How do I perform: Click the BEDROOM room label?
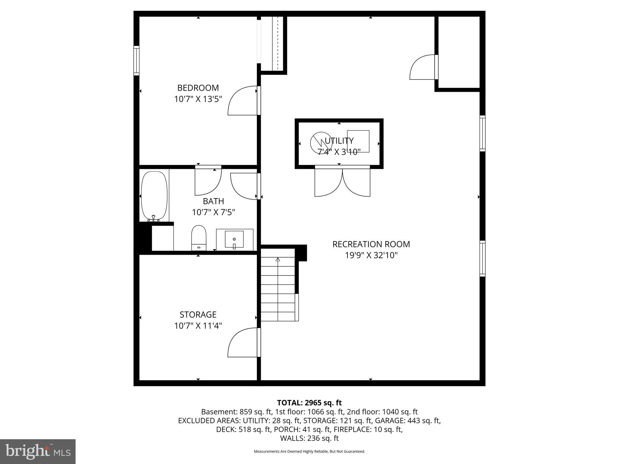tap(198, 88)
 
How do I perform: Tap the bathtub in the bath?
tap(154, 195)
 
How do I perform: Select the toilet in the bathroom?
tap(199, 237)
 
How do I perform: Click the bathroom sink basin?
tap(234, 240)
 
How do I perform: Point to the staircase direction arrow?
tap(278, 259)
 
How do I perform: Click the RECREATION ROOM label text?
tap(371, 244)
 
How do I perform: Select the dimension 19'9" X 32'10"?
tap(371, 255)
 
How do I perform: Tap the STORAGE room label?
tap(198, 314)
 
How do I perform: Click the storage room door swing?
tap(242, 343)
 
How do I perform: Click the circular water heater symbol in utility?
tap(321, 143)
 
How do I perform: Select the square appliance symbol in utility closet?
tap(358, 141)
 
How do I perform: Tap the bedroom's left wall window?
tap(136, 60)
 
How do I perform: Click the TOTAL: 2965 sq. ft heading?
tap(309, 403)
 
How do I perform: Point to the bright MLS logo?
tap(38, 451)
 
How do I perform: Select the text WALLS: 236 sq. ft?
tap(309, 438)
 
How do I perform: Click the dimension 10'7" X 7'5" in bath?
tap(213, 212)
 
